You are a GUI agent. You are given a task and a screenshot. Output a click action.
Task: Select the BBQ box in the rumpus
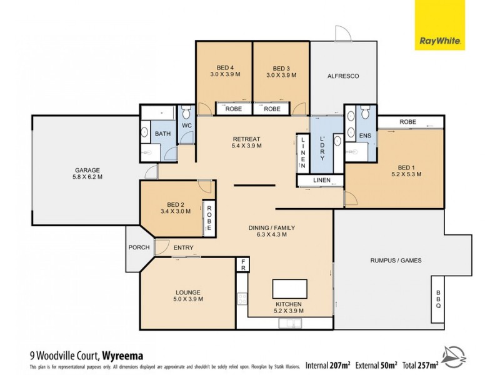[438, 301]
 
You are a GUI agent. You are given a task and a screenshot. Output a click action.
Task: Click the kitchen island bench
[290, 289]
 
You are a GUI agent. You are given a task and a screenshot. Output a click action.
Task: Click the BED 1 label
[406, 167]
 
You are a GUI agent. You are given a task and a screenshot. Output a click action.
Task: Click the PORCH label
[139, 247]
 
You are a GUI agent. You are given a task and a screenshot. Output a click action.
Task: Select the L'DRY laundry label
[322, 150]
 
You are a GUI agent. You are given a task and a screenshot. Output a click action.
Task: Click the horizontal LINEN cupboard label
[321, 181]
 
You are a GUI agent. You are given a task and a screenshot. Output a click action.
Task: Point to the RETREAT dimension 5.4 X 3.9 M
[247, 146]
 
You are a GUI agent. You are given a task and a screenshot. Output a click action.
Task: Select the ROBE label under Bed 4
[225, 108]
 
